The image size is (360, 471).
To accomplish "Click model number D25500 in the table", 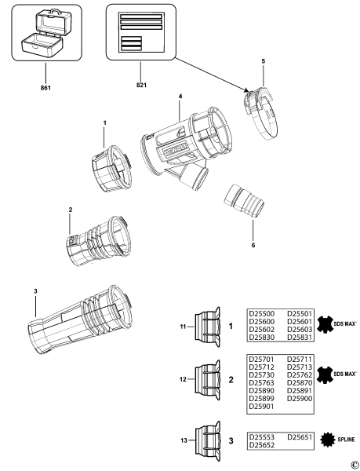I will click(262, 312).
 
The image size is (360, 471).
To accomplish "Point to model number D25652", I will click(262, 444).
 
